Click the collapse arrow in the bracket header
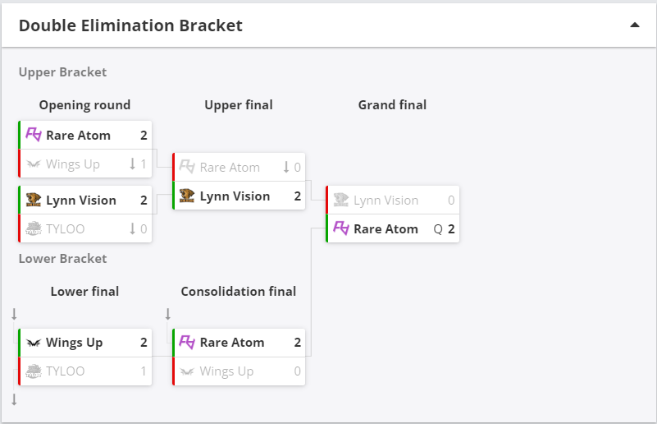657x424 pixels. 635,25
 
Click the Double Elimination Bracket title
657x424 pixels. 130,25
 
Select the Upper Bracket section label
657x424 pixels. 63,72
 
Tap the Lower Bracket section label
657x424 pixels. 63,259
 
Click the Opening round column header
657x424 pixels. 84,105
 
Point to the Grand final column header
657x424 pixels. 392,105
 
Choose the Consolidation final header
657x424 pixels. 239,292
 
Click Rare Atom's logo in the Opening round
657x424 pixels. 34,135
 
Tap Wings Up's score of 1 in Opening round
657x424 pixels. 144,164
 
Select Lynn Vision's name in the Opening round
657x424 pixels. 81,200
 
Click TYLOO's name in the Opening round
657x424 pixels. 66,229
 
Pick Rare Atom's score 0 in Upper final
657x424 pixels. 297,168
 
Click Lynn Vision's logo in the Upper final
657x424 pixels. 187,196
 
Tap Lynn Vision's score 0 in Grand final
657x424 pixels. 451,200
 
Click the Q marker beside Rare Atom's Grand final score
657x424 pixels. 438,229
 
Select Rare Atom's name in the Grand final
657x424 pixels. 386,229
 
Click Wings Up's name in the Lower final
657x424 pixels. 74,343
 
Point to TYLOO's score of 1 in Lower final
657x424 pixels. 144,371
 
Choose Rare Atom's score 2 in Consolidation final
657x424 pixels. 298,343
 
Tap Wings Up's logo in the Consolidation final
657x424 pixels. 187,371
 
